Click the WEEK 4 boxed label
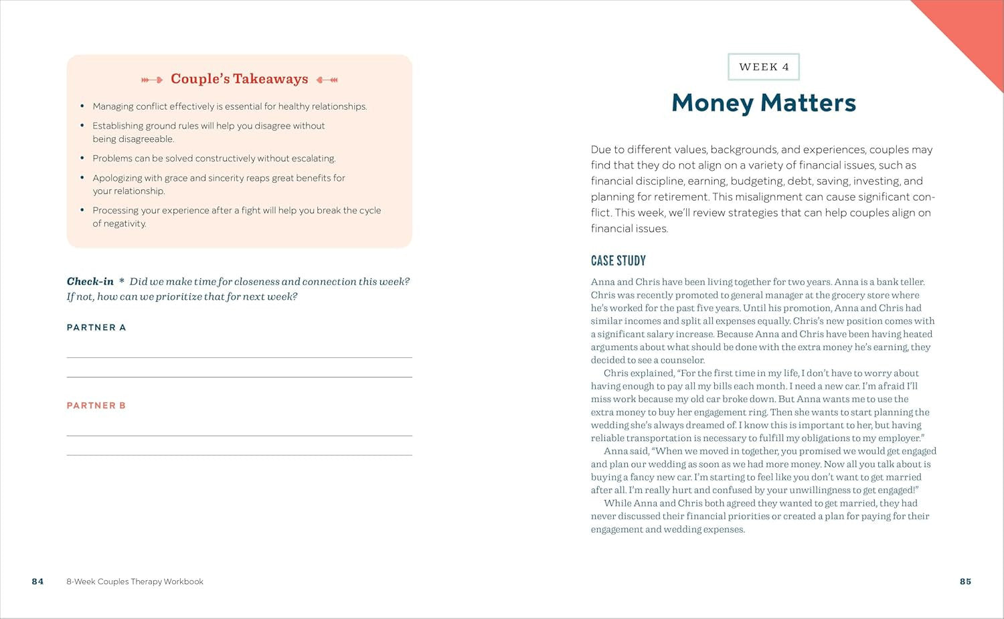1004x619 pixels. [764, 67]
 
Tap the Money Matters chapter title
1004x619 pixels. [764, 102]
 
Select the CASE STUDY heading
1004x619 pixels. [618, 260]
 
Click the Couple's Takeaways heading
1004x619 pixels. [239, 79]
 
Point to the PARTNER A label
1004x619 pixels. [96, 327]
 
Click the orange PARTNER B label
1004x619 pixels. [96, 406]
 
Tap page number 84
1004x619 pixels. [37, 582]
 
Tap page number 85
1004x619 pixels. [965, 582]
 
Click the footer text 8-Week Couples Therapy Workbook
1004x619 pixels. [135, 582]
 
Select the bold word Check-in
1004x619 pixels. [90, 282]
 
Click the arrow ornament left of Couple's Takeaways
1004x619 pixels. [152, 80]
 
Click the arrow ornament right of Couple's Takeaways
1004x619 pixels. [327, 80]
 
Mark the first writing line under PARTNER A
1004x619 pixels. [239, 357]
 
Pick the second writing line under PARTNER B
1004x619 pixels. [239, 455]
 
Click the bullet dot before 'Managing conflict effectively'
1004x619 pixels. [82, 106]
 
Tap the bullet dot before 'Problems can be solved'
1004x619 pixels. [82, 159]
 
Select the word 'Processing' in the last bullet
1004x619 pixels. [115, 210]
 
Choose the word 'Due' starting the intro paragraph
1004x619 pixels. [601, 150]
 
